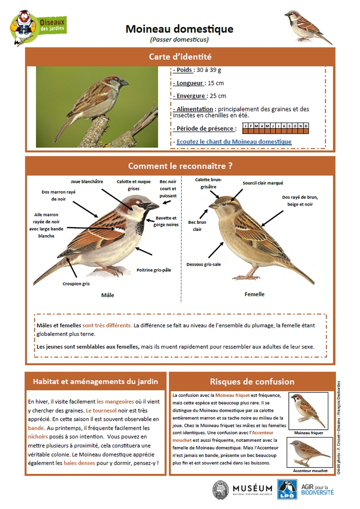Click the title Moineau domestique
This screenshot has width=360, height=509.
point(179,29)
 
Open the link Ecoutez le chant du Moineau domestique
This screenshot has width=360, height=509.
point(234,142)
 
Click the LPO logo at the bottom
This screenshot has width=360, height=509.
point(287,489)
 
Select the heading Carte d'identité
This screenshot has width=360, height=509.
point(180,57)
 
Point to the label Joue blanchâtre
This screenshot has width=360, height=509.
point(87,181)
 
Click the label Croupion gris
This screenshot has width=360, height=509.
point(76,284)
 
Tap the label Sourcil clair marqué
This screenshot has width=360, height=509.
point(263,183)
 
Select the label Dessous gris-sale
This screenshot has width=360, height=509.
point(204,264)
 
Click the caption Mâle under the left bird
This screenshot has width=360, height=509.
point(108,295)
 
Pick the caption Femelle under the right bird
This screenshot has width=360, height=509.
point(255,294)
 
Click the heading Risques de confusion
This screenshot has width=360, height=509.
point(252,382)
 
